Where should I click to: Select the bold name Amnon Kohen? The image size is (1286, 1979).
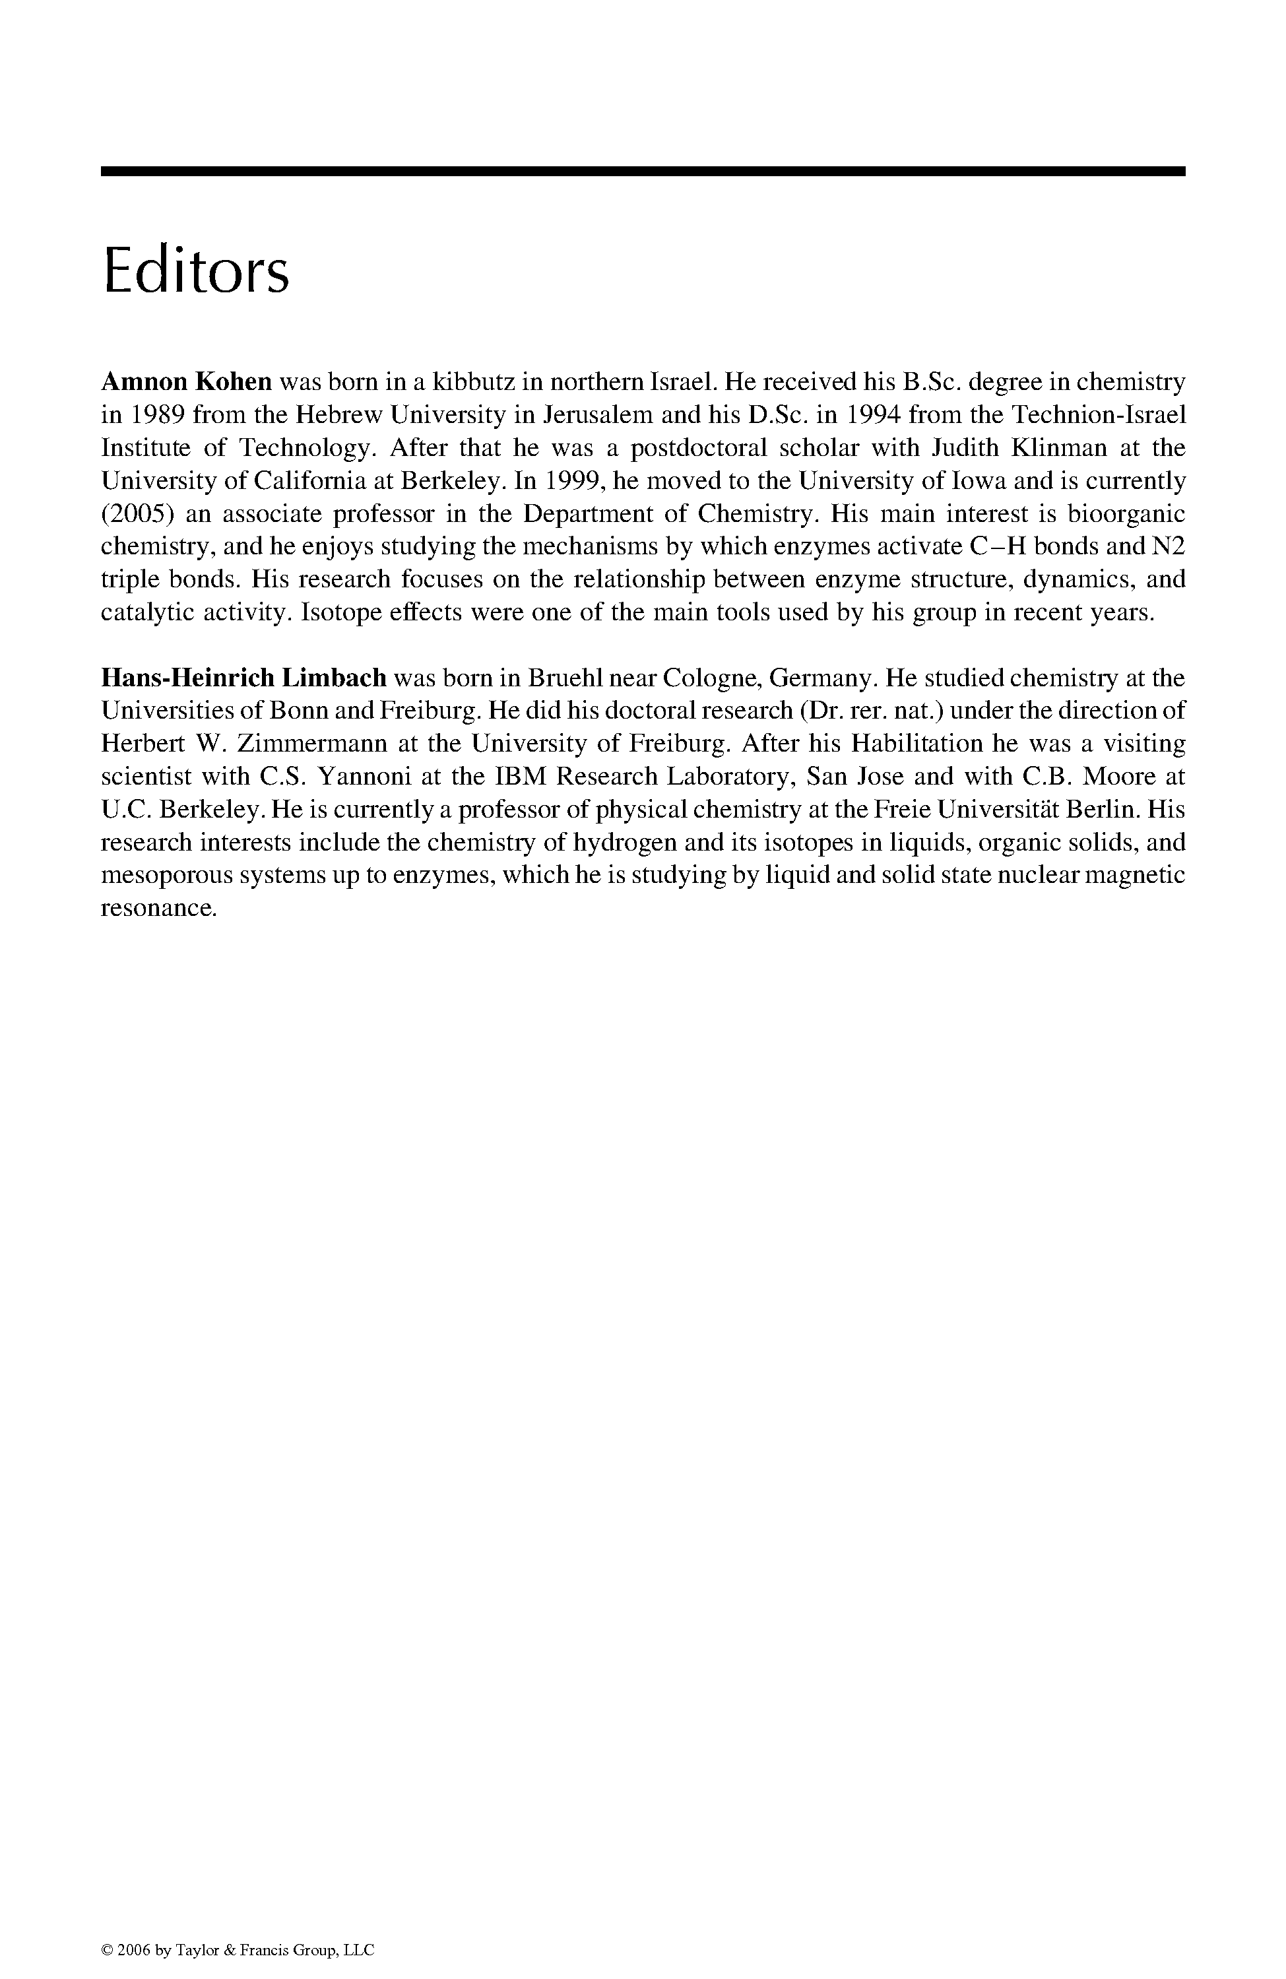(186, 381)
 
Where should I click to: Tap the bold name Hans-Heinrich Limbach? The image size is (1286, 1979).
(243, 678)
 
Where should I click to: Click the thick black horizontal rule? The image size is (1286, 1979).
(643, 170)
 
